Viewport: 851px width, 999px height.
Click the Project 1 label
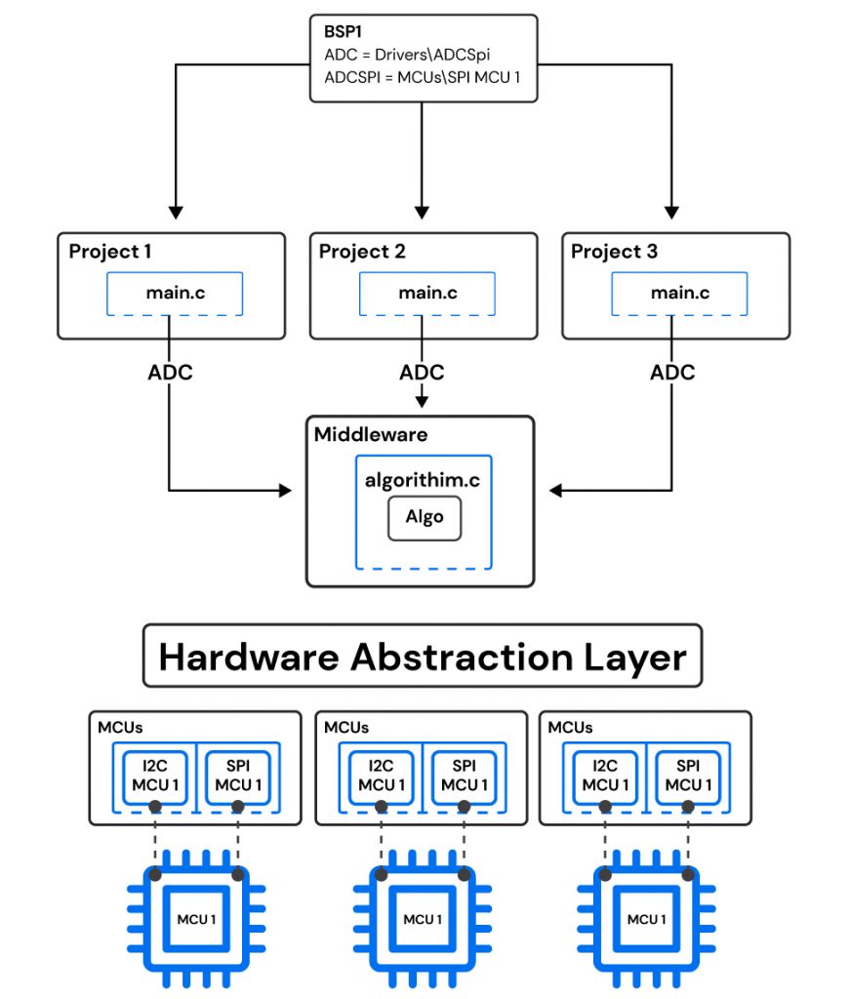pyautogui.click(x=110, y=252)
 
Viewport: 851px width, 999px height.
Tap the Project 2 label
pyautogui.click(x=361, y=252)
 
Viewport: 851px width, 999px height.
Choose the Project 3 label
pyautogui.click(x=614, y=252)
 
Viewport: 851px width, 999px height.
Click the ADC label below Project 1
pyautogui.click(x=170, y=373)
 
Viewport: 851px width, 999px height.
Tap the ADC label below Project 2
pyautogui.click(x=422, y=373)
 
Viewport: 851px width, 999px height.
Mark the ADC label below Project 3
pyautogui.click(x=672, y=373)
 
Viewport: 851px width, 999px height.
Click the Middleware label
pyautogui.click(x=370, y=435)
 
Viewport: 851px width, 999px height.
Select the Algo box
pyautogui.click(x=425, y=517)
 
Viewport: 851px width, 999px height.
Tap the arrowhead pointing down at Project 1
pyautogui.click(x=176, y=211)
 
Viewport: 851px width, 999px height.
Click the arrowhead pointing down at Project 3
pyautogui.click(x=671, y=211)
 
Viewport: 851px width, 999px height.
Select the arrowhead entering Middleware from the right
pyautogui.click(x=554, y=491)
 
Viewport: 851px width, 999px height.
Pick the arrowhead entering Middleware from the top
pyautogui.click(x=422, y=401)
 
